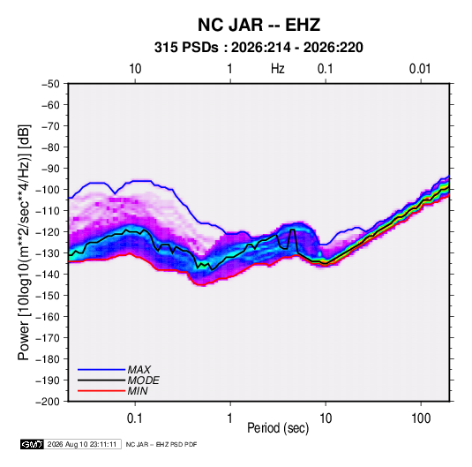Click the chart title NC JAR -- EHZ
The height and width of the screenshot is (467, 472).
pos(258,25)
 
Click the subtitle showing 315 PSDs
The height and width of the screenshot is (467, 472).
pos(258,48)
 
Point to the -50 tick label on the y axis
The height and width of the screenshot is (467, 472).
pos(50,84)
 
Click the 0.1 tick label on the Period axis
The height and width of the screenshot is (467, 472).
pos(135,418)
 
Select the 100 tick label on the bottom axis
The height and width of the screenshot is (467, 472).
pos(421,418)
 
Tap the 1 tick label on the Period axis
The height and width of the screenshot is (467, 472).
pos(230,418)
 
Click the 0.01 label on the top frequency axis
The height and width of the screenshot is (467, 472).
pos(420,69)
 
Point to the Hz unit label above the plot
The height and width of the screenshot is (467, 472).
pos(278,69)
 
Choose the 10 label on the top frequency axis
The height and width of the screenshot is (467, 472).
pos(135,69)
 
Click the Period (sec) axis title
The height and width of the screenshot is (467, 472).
pos(278,428)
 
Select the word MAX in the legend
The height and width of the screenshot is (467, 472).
pos(139,370)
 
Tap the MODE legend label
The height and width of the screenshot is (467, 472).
pos(143,380)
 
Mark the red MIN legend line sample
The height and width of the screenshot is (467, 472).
pos(101,391)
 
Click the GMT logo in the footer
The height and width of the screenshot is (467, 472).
pos(32,444)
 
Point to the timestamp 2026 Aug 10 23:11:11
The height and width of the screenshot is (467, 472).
pos(82,444)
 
